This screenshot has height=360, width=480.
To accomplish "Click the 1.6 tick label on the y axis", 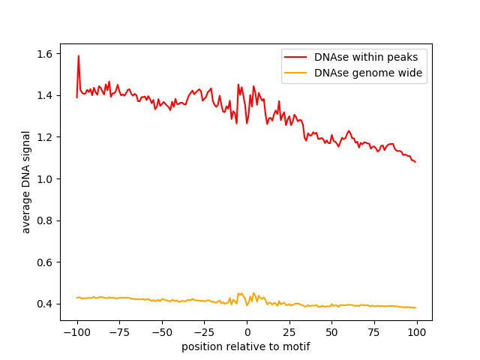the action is (x=45, y=54).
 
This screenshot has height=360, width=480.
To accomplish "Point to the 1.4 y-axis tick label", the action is (x=45, y=96).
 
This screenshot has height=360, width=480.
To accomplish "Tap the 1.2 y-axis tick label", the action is (x=45, y=137).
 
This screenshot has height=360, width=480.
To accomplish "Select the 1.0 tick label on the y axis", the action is (x=45, y=179).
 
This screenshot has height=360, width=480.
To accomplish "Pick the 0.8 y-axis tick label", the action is (x=45, y=220).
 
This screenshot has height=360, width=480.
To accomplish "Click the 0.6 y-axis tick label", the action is (x=45, y=262).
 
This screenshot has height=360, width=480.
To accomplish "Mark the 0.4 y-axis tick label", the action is (x=45, y=304).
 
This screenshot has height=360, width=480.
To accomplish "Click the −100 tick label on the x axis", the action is (x=77, y=332).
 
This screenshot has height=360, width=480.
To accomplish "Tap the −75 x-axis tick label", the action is (x=119, y=332).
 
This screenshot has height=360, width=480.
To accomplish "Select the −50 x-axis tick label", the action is (x=162, y=332).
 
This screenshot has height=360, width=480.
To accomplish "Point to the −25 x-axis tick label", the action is (x=204, y=332).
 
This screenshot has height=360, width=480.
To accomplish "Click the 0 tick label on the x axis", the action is (x=247, y=332).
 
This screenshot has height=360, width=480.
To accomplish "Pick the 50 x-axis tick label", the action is (x=331, y=332).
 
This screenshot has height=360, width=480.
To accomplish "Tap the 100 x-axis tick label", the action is (x=417, y=332).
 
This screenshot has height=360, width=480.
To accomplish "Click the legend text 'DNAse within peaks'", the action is (x=366, y=57).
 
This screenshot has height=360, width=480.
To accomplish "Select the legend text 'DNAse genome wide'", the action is (x=368, y=73).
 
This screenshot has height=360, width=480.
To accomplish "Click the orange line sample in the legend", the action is (x=295, y=73).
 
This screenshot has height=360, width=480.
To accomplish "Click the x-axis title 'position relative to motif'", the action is (x=246, y=346).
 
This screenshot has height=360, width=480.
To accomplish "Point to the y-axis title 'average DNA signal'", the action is (x=26, y=182).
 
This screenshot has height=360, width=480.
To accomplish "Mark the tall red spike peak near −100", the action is (x=79, y=55).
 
